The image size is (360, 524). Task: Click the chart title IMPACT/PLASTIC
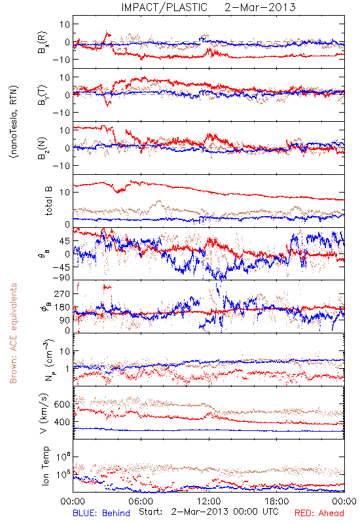(x=164, y=7)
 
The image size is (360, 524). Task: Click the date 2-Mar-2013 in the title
(x=260, y=7)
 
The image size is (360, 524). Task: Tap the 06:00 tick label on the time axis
(x=141, y=501)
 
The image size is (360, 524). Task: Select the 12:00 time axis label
(x=209, y=501)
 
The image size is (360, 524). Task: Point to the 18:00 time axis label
(x=277, y=501)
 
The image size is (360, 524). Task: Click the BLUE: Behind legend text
(x=101, y=513)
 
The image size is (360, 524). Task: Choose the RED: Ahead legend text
(x=319, y=513)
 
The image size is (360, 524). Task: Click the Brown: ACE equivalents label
(x=13, y=333)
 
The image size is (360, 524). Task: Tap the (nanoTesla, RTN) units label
(x=14, y=122)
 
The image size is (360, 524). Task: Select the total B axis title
(x=48, y=201)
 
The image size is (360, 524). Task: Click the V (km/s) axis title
(x=44, y=413)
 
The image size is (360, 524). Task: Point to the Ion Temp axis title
(x=45, y=466)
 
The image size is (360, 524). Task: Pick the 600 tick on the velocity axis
(x=62, y=404)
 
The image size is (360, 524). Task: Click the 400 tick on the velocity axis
(x=62, y=422)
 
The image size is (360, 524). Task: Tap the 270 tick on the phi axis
(x=62, y=293)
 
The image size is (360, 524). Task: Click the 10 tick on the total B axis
(x=65, y=192)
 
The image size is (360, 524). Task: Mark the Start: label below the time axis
(x=151, y=512)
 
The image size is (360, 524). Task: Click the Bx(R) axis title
(x=43, y=43)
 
